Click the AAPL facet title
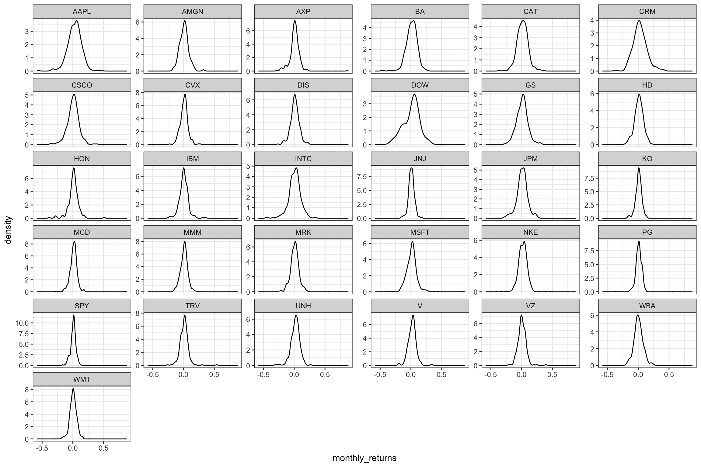(82, 12)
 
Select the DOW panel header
(420, 85)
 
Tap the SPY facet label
(82, 306)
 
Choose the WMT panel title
(82, 379)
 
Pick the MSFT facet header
(420, 232)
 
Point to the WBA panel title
(647, 306)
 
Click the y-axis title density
(8, 234)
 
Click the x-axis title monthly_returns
(364, 458)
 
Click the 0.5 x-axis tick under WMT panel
(104, 448)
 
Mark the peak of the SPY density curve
(74, 315)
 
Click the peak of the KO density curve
(639, 168)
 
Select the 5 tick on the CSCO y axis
(27, 95)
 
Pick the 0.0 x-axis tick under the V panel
(411, 375)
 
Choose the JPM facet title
(530, 159)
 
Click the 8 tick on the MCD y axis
(27, 244)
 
